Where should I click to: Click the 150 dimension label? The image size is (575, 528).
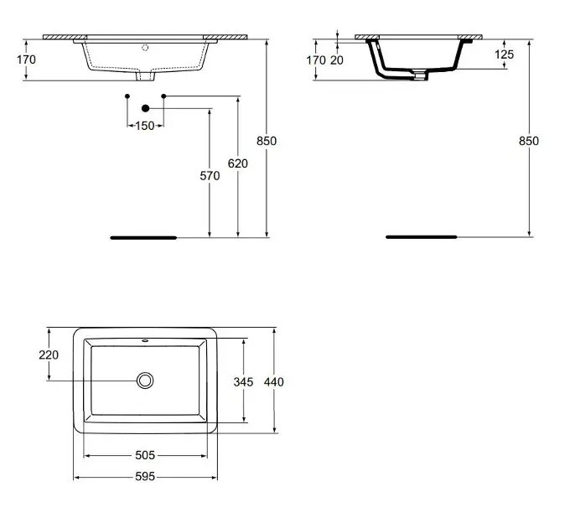coord(145,126)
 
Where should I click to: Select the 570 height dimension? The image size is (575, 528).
coord(210,176)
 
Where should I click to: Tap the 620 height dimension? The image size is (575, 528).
coord(238,163)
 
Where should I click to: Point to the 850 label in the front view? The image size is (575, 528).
coord(266,141)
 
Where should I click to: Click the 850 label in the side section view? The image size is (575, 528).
coord(529,141)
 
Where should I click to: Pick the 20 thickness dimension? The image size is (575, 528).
coord(337,60)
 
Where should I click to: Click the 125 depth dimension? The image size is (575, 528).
coord(504,54)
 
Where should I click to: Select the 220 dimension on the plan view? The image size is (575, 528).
coord(49,355)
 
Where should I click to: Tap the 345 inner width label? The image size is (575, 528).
coord(243,381)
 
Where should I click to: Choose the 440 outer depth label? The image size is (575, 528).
coord(274,381)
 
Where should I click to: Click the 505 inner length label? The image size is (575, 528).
coord(145,455)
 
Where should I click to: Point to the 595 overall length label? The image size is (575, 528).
coord(145,476)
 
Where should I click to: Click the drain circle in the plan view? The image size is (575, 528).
coord(146,380)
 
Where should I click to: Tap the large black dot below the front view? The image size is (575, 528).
coord(145,108)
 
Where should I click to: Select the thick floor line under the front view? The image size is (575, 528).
coord(143,238)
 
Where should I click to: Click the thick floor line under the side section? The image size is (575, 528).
coord(421,237)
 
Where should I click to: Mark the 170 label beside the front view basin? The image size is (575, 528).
coord(27,60)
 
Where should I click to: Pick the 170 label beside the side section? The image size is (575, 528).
coord(315,60)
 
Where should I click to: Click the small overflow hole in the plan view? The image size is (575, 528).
coord(146,341)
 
